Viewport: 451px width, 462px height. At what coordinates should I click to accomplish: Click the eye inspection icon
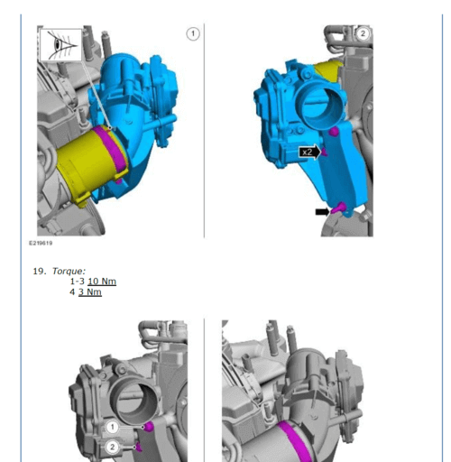pyautogui.click(x=60, y=45)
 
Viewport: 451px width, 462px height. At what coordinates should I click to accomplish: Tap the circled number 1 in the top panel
pyautogui.click(x=193, y=34)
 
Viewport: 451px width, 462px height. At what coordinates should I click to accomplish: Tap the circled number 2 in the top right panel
pyautogui.click(x=363, y=33)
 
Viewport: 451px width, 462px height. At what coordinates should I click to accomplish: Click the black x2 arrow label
pyautogui.click(x=309, y=152)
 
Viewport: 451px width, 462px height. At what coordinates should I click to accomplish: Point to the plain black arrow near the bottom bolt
pyautogui.click(x=322, y=212)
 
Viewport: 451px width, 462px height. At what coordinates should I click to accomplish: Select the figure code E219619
pyautogui.click(x=41, y=243)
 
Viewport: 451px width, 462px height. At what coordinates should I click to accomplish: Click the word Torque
pyautogui.click(x=69, y=271)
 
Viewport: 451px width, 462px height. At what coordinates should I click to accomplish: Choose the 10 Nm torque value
pyautogui.click(x=102, y=282)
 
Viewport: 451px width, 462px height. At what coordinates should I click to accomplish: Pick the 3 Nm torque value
pyautogui.click(x=90, y=292)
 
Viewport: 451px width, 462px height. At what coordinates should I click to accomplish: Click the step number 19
pyautogui.click(x=40, y=271)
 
